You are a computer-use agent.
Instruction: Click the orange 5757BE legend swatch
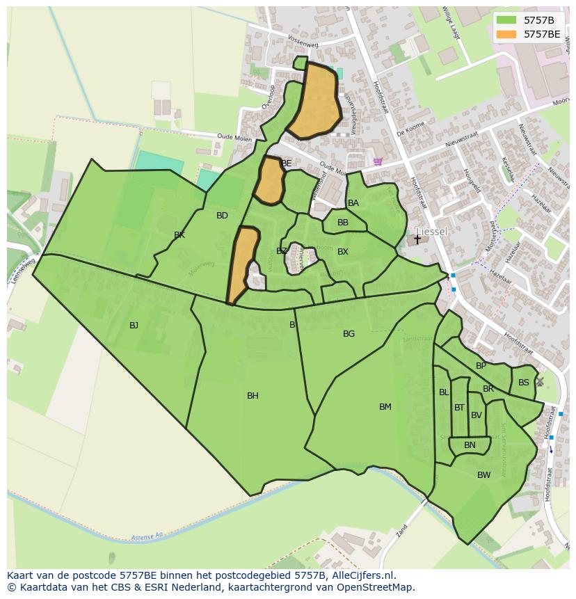[506, 34]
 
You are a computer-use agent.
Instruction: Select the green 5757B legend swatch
[506, 20]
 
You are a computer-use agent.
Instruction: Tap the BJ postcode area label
[134, 325]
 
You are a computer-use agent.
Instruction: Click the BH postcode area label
[253, 396]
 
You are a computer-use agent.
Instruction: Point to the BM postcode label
[385, 407]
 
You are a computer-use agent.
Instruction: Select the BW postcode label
[483, 475]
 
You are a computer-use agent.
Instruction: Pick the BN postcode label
[470, 445]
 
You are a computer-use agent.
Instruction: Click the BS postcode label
[523, 383]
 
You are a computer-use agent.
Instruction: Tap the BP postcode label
[481, 366]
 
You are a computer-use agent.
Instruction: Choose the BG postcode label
[349, 334]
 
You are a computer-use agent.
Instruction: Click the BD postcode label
[222, 216]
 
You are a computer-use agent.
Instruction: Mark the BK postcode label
[179, 235]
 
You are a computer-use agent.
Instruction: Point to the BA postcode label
[353, 203]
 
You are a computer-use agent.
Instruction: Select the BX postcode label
[342, 252]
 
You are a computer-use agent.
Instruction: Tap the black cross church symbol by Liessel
[417, 239]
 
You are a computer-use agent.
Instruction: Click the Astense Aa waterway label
[146, 537]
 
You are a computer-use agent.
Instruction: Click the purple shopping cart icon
[378, 161]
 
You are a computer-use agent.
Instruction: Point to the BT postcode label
[459, 408]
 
